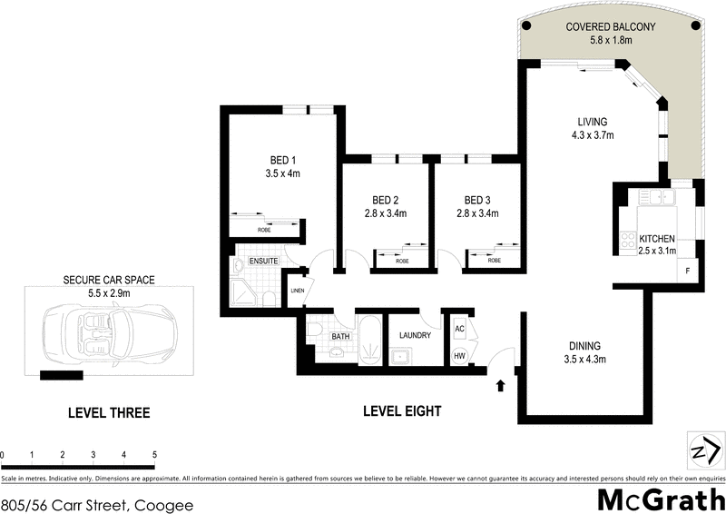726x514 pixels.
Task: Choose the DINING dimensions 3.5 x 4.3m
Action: tap(585, 359)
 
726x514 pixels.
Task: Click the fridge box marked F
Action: tap(687, 272)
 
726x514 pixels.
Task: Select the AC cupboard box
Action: tap(459, 329)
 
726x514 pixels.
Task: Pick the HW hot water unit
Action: tap(459, 355)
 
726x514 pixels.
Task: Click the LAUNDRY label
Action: tap(415, 335)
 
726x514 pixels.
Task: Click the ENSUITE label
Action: tap(263, 262)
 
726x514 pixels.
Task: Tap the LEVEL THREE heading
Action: tap(109, 412)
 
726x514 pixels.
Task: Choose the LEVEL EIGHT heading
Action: tap(402, 411)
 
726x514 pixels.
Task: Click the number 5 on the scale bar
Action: tap(155, 454)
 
